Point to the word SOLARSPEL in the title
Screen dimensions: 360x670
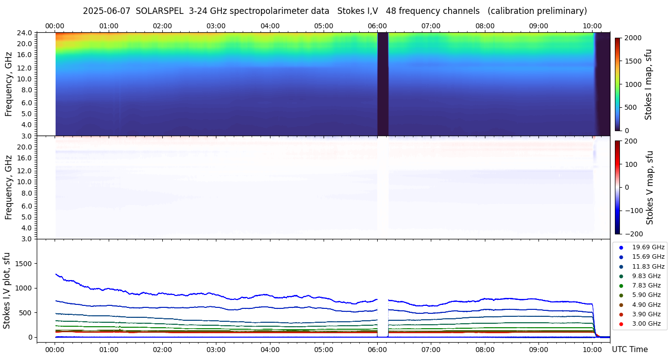[x=159, y=11]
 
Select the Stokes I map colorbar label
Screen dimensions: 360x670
[x=648, y=84]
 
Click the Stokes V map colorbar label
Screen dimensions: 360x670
[x=650, y=188]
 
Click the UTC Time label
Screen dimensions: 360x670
[x=629, y=350]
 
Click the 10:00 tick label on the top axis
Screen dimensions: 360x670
[x=592, y=26]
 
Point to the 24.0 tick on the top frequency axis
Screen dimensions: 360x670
[x=25, y=33]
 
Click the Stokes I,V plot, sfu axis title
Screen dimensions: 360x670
[x=7, y=290]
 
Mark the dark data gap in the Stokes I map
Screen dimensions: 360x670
[x=383, y=83]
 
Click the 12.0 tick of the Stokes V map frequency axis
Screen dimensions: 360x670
[x=25, y=171]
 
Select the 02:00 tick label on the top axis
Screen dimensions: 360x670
[x=162, y=26]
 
